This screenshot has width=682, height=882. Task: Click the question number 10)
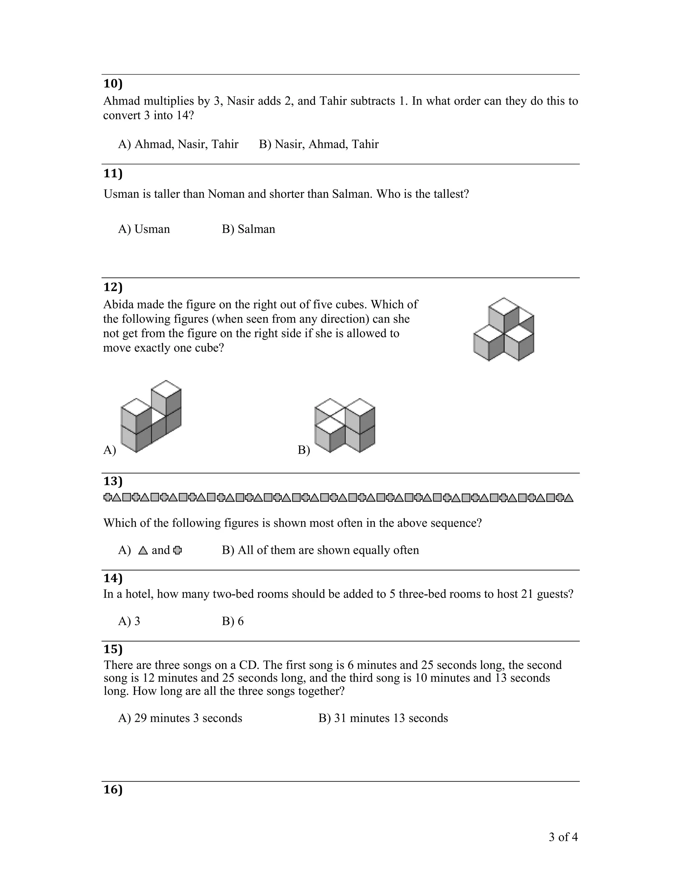[113, 84]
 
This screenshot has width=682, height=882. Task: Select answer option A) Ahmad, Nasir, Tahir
[178, 144]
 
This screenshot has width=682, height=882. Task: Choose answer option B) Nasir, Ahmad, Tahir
[318, 144]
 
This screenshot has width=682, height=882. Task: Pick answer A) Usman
[144, 229]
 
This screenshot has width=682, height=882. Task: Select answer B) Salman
[248, 229]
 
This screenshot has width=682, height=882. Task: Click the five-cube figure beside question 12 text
[504, 329]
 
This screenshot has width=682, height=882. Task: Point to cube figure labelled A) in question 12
[151, 416]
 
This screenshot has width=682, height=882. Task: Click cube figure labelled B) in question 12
[345, 425]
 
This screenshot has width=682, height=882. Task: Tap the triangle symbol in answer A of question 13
[143, 551]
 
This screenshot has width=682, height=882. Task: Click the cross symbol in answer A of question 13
[177, 551]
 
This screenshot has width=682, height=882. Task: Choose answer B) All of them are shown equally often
[320, 550]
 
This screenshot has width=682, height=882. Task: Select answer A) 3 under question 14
[129, 621]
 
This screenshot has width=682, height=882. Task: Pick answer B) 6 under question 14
[233, 621]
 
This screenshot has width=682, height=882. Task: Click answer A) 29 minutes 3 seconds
[180, 718]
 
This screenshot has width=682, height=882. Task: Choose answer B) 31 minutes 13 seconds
[383, 718]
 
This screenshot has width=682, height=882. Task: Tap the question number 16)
[113, 789]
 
